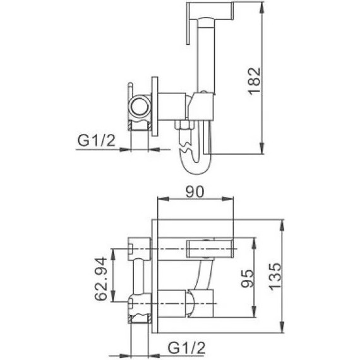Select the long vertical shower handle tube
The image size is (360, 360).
205,57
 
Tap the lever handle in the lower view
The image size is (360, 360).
212,248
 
